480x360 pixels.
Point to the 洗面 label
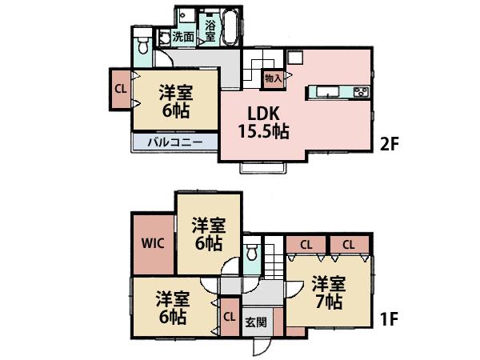point(182,36)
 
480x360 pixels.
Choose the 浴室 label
point(210,29)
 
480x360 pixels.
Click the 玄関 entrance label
point(256,323)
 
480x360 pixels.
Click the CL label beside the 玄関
point(229,316)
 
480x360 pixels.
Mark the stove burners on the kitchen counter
point(359,92)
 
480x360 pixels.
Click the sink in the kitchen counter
point(329,92)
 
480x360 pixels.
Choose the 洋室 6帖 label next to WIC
point(206,234)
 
